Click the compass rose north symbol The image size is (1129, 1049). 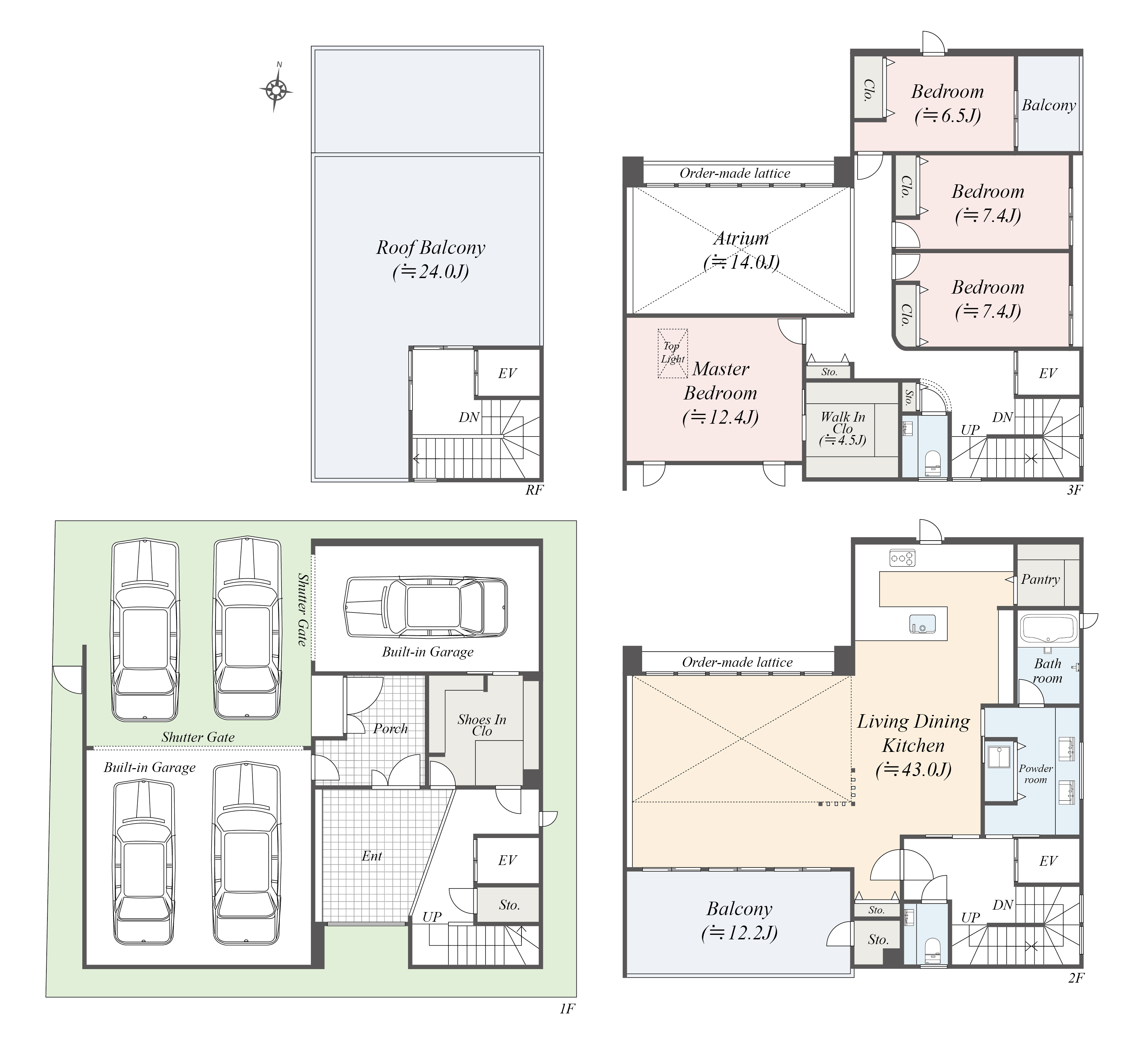[276, 88]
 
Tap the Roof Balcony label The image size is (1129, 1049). [430, 259]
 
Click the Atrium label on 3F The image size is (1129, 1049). [741, 250]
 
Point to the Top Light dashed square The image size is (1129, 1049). [673, 353]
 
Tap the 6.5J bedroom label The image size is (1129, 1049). [947, 103]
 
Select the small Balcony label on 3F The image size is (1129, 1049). [1048, 105]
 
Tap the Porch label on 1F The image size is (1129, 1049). [390, 728]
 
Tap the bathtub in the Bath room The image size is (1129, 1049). [1048, 629]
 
